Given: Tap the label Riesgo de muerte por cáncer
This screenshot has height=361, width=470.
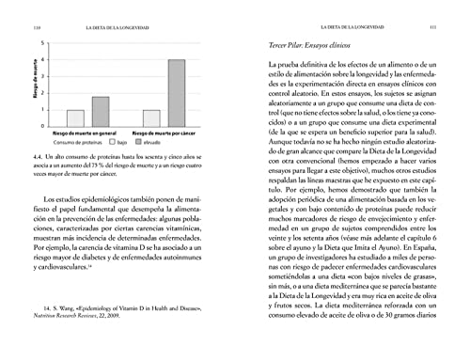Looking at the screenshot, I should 163,133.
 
